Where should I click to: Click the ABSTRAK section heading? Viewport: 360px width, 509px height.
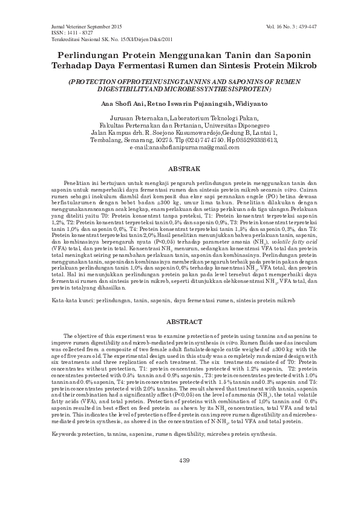point(179,168)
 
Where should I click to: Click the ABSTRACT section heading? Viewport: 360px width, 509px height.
point(180,322)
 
